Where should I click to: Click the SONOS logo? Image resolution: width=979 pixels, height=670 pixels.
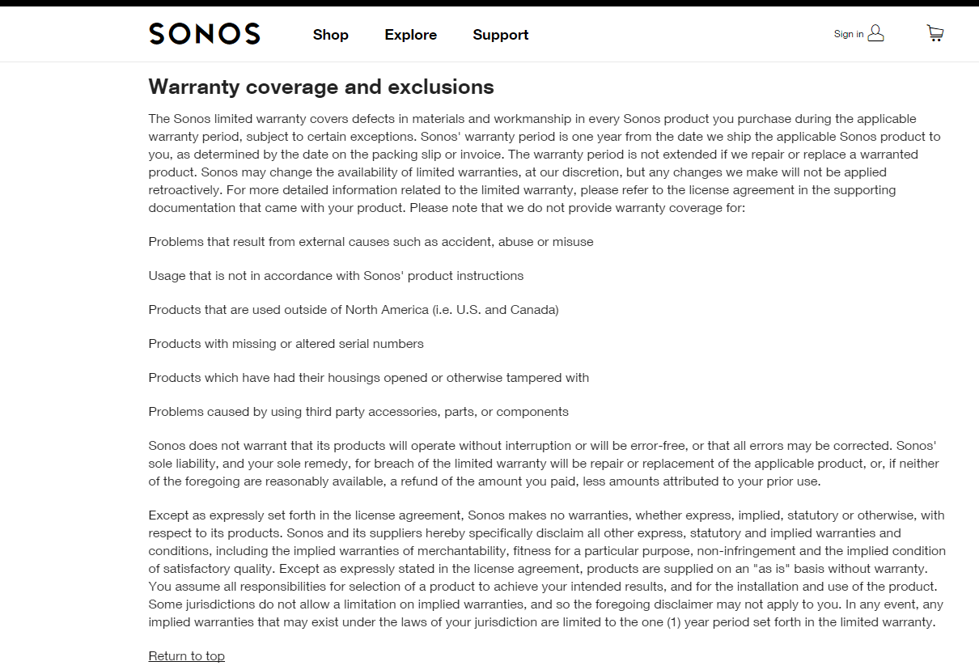click(205, 34)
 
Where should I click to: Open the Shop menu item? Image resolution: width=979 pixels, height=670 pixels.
click(330, 35)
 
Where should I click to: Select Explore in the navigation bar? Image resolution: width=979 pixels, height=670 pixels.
click(410, 35)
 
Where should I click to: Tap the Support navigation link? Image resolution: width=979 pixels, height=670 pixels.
click(500, 35)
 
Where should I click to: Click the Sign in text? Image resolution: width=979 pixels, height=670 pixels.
click(849, 34)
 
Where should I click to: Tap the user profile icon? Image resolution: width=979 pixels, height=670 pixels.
click(875, 33)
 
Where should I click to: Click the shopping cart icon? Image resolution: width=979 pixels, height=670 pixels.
click(934, 33)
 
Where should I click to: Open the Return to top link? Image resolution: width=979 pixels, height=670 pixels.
click(186, 656)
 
